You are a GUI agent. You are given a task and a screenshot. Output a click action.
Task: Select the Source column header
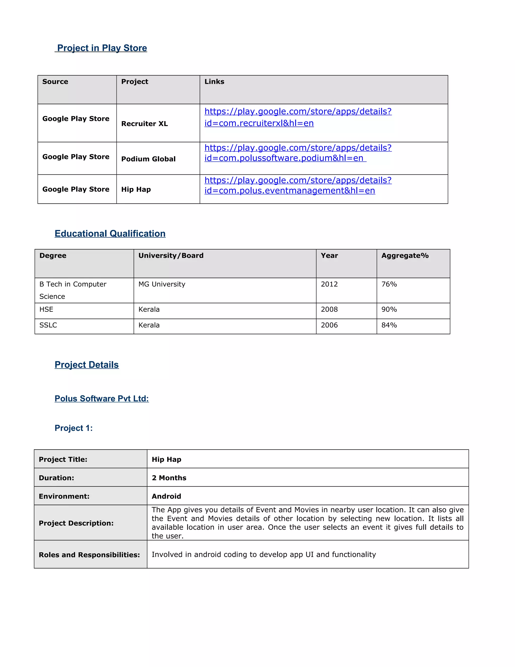[x=55, y=82]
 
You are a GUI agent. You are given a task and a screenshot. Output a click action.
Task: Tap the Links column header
[x=214, y=82]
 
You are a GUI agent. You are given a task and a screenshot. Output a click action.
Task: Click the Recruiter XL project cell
[x=144, y=124]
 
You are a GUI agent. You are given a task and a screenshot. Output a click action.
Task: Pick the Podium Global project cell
[x=148, y=159]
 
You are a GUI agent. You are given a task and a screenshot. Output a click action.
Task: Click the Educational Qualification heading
[x=110, y=233]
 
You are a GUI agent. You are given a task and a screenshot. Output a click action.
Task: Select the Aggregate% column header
[x=405, y=256]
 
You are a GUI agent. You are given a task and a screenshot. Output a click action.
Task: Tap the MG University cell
[x=162, y=284]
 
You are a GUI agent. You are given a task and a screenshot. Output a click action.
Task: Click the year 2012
[x=329, y=284]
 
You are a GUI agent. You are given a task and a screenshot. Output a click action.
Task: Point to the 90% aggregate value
[x=389, y=309]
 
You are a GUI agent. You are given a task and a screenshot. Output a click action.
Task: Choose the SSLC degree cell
[x=48, y=325]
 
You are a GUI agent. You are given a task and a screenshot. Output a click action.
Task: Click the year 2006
[x=329, y=325]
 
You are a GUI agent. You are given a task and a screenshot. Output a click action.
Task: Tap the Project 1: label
[x=73, y=428]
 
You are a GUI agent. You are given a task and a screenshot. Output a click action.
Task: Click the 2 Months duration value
[x=169, y=478]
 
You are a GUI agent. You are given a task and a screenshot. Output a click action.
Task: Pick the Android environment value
[x=166, y=496]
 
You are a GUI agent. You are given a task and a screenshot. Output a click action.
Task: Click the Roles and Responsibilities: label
[x=89, y=555]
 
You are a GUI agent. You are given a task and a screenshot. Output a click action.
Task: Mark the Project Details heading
[x=87, y=365]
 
